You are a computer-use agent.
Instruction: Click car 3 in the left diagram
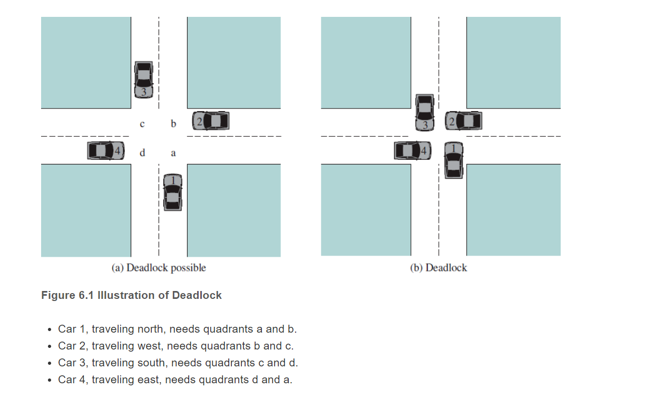click(x=144, y=80)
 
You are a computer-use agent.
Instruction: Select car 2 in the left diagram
click(x=211, y=121)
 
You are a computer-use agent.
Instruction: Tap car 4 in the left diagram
click(x=106, y=151)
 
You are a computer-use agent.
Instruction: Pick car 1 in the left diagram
click(x=172, y=192)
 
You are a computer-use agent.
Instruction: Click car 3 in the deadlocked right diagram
click(x=425, y=112)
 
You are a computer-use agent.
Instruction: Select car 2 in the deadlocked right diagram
click(x=463, y=121)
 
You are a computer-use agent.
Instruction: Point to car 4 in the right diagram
click(x=413, y=151)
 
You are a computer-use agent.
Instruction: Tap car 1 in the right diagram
click(x=453, y=160)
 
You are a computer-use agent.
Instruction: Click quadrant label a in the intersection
click(x=173, y=153)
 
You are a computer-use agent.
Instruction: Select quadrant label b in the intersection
click(x=173, y=124)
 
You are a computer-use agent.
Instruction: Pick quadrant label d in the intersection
click(x=142, y=153)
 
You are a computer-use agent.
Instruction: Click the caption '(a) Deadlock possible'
click(x=159, y=268)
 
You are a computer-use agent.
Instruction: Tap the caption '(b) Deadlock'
click(x=438, y=268)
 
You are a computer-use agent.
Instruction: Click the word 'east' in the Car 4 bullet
click(x=149, y=380)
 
